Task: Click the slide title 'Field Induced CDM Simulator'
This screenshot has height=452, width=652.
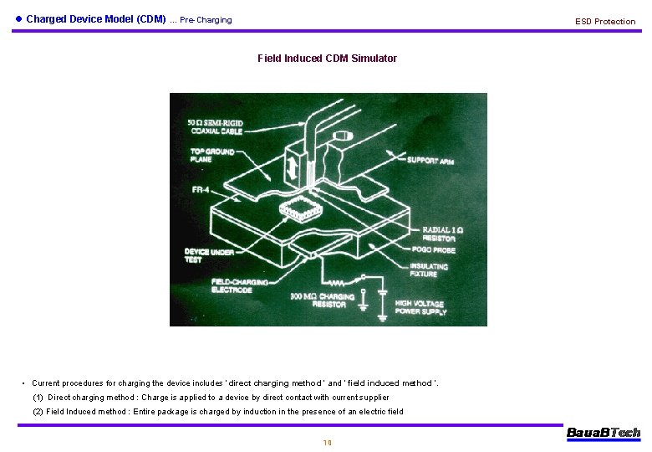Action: [x=327, y=59]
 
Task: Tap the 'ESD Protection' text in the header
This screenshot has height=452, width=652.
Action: [x=604, y=21]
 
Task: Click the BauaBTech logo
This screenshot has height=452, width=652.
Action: [x=603, y=433]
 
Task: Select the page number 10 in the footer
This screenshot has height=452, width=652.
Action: [x=327, y=443]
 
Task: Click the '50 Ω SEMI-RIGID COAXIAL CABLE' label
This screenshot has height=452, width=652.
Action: [x=216, y=127]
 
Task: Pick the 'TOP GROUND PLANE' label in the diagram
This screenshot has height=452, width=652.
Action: [x=212, y=157]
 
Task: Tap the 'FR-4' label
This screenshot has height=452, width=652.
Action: [x=201, y=190]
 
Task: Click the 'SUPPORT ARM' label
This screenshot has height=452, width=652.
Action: [x=430, y=160]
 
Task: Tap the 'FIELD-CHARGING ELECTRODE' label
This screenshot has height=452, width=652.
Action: [x=240, y=285]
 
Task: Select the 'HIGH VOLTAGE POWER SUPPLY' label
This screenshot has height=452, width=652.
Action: [x=420, y=308]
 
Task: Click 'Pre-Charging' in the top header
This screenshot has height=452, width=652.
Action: [x=206, y=20]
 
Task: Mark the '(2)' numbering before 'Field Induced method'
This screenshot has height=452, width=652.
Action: [x=38, y=412]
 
